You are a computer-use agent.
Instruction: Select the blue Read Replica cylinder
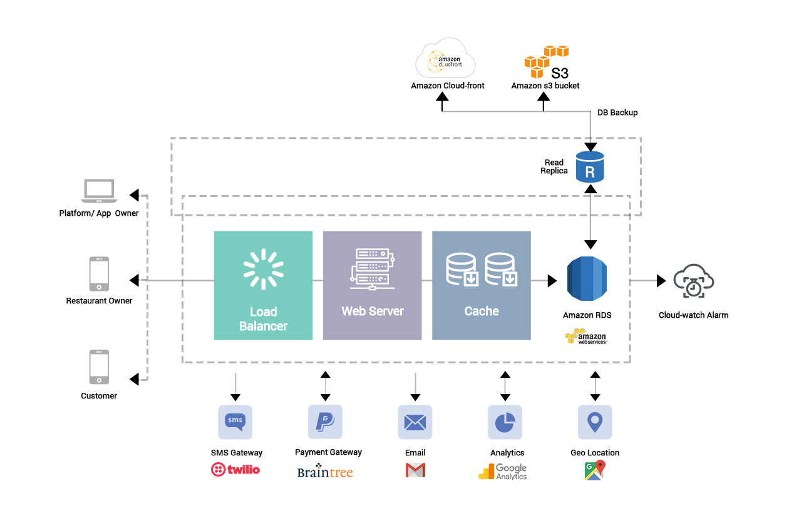click(x=590, y=167)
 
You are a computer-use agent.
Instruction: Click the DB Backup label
click(x=617, y=113)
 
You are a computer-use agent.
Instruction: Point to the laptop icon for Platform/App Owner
click(x=99, y=191)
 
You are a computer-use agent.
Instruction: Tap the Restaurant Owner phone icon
click(x=99, y=274)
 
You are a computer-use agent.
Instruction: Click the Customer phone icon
click(x=99, y=367)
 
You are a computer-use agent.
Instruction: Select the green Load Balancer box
click(x=263, y=286)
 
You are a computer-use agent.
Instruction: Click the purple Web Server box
click(x=372, y=286)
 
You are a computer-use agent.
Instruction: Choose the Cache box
click(x=481, y=286)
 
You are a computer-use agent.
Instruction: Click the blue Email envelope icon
click(x=415, y=422)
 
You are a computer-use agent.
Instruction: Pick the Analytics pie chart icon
click(x=505, y=422)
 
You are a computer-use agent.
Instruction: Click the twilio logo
click(x=235, y=470)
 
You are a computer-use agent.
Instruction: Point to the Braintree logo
click(x=325, y=470)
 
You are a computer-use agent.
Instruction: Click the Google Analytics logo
click(x=503, y=472)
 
